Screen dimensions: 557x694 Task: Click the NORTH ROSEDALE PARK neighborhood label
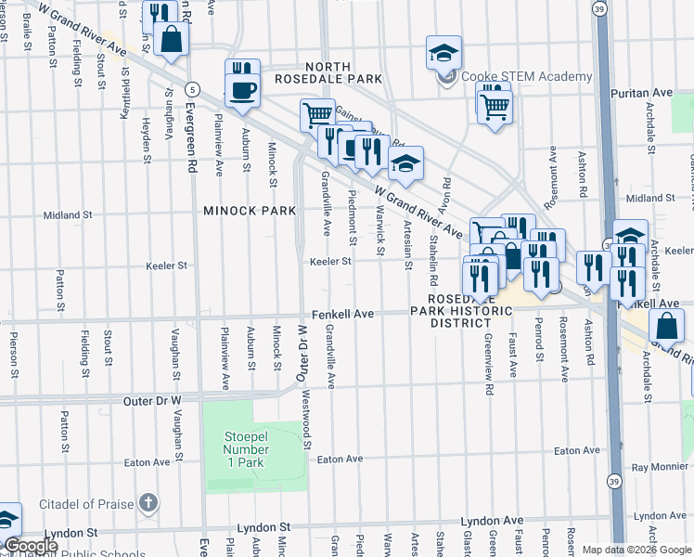click(x=326, y=72)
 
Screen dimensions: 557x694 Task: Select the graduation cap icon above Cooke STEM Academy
click(x=443, y=52)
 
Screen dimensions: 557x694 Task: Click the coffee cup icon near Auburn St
click(x=242, y=91)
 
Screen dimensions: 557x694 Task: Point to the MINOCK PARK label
click(x=250, y=211)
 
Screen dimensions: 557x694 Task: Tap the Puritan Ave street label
click(x=641, y=93)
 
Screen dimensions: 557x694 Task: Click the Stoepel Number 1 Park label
click(x=245, y=449)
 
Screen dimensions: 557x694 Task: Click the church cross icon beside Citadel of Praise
click(x=148, y=503)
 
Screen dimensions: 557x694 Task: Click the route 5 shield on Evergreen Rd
click(x=191, y=89)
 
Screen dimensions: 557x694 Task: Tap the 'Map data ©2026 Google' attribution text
click(x=636, y=550)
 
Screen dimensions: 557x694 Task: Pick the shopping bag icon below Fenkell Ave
click(x=667, y=325)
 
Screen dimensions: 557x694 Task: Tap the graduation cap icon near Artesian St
click(x=405, y=163)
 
